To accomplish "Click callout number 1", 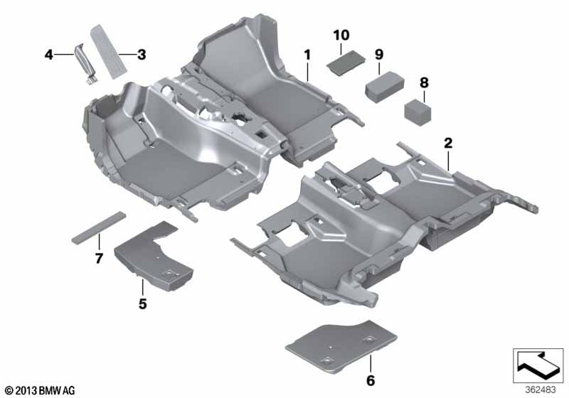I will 307,54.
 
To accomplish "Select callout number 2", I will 448,143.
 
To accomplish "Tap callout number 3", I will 142,54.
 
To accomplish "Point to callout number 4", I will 48,54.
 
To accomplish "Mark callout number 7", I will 99,256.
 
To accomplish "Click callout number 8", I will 424,83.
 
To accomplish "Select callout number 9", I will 379,54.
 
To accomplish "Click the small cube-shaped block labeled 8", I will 419,111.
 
